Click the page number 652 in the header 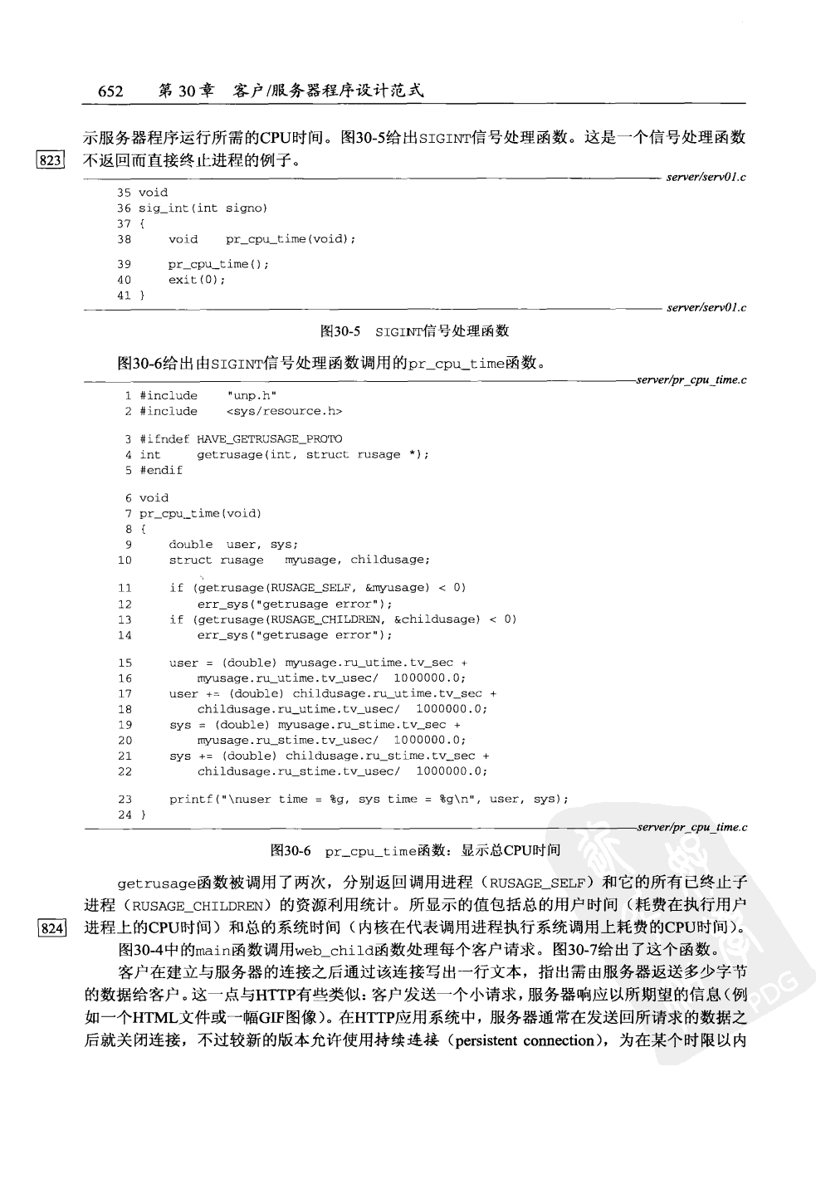point(110,91)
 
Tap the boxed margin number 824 point(49,928)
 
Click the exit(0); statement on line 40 point(197,280)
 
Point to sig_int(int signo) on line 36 point(203,208)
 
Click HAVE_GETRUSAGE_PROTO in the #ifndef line point(269,439)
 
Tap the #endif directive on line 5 point(161,470)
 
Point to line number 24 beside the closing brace point(125,815)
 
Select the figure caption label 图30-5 point(340,331)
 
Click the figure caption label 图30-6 point(291,851)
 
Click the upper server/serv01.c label point(706,177)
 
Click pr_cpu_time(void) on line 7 point(200,514)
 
